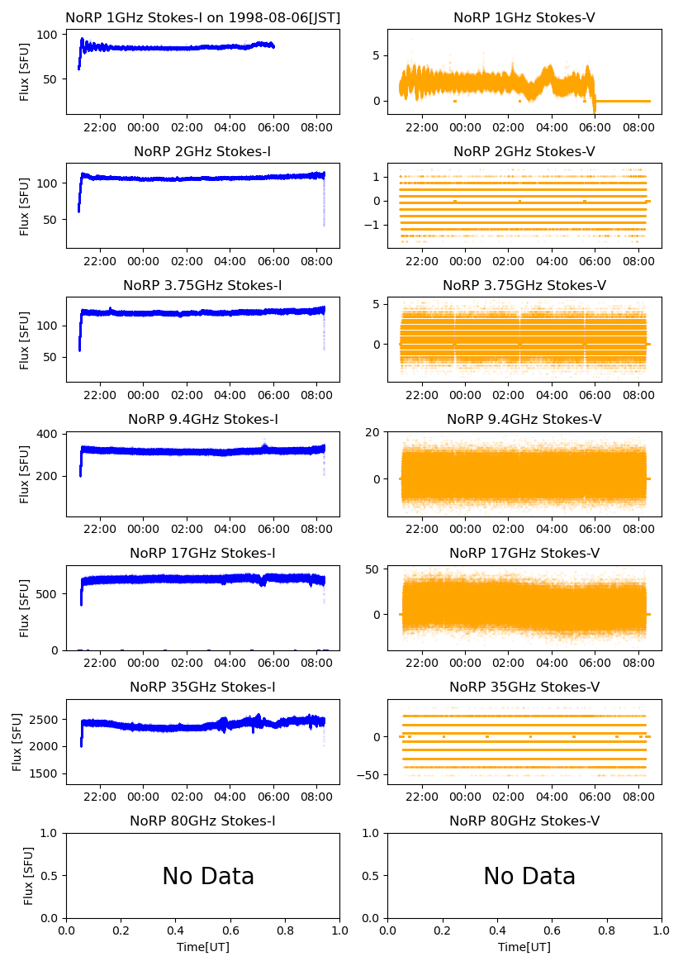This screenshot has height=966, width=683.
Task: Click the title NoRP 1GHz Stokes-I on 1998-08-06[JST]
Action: coord(202,18)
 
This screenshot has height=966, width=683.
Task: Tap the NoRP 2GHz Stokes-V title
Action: coord(524,152)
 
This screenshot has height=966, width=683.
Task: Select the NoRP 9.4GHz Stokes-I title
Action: coord(202,420)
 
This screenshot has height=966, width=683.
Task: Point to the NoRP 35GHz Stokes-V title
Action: coord(524,688)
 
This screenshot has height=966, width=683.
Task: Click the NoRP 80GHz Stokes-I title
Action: coord(202,821)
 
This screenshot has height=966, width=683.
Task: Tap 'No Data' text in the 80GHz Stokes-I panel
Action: coord(208,877)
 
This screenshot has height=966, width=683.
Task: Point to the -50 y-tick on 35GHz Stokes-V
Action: coord(370,775)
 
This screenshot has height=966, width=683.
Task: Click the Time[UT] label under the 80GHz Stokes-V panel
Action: coord(524,947)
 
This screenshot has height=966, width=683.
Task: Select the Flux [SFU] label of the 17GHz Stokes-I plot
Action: coord(25,607)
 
